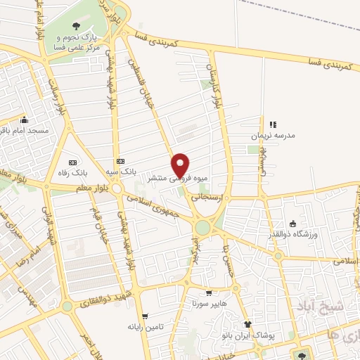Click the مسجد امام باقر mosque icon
click(25, 120)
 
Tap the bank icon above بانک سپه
click(120, 161)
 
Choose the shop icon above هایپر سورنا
click(208, 293)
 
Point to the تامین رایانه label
click(145, 327)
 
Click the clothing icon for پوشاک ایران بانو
click(247, 324)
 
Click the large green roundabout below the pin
click(203, 227)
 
